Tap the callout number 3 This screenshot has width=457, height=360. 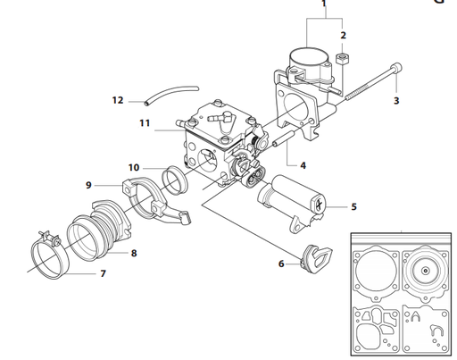396,101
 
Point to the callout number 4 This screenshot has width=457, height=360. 303,166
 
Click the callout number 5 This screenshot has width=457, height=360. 353,206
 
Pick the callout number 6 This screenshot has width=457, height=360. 280,264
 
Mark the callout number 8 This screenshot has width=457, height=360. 133,253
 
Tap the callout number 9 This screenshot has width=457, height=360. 88,185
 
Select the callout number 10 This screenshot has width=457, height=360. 133,167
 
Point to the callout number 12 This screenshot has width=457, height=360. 118,100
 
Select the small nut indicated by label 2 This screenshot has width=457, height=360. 341,62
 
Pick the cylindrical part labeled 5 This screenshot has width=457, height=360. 290,200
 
